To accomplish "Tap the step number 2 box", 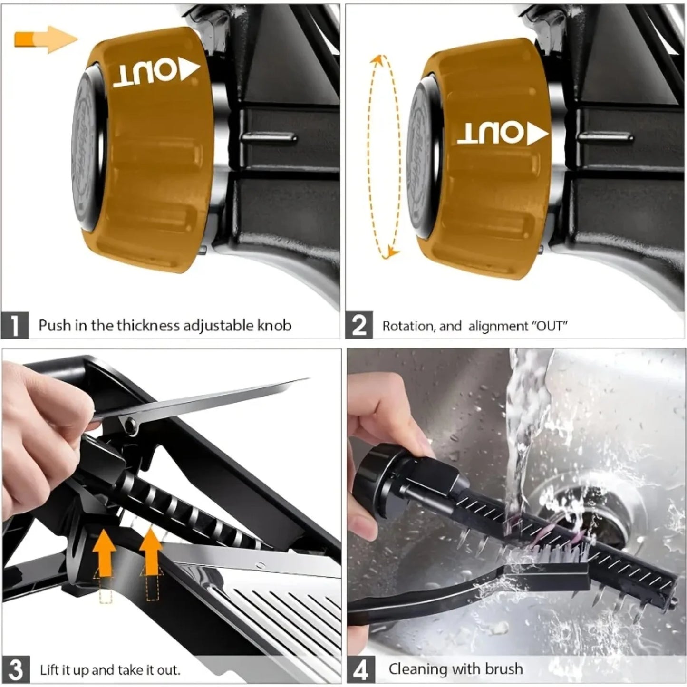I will [359, 326].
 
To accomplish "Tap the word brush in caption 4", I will [503, 669].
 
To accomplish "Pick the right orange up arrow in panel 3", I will [152, 552].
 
